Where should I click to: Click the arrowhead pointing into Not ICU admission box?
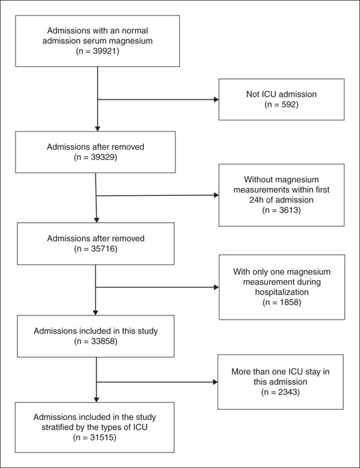pos(216,100)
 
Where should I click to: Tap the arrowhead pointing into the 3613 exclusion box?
pos(216,195)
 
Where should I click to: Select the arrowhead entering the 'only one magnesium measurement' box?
pos(216,287)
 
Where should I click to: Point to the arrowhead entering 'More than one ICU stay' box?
pos(215,382)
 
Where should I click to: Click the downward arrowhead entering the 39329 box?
pos(98,129)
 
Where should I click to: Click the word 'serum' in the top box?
pos(97,41)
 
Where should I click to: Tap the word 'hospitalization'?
pos(282,292)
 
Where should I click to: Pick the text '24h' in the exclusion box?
pos(256,200)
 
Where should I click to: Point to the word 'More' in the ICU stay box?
pos(240,372)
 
